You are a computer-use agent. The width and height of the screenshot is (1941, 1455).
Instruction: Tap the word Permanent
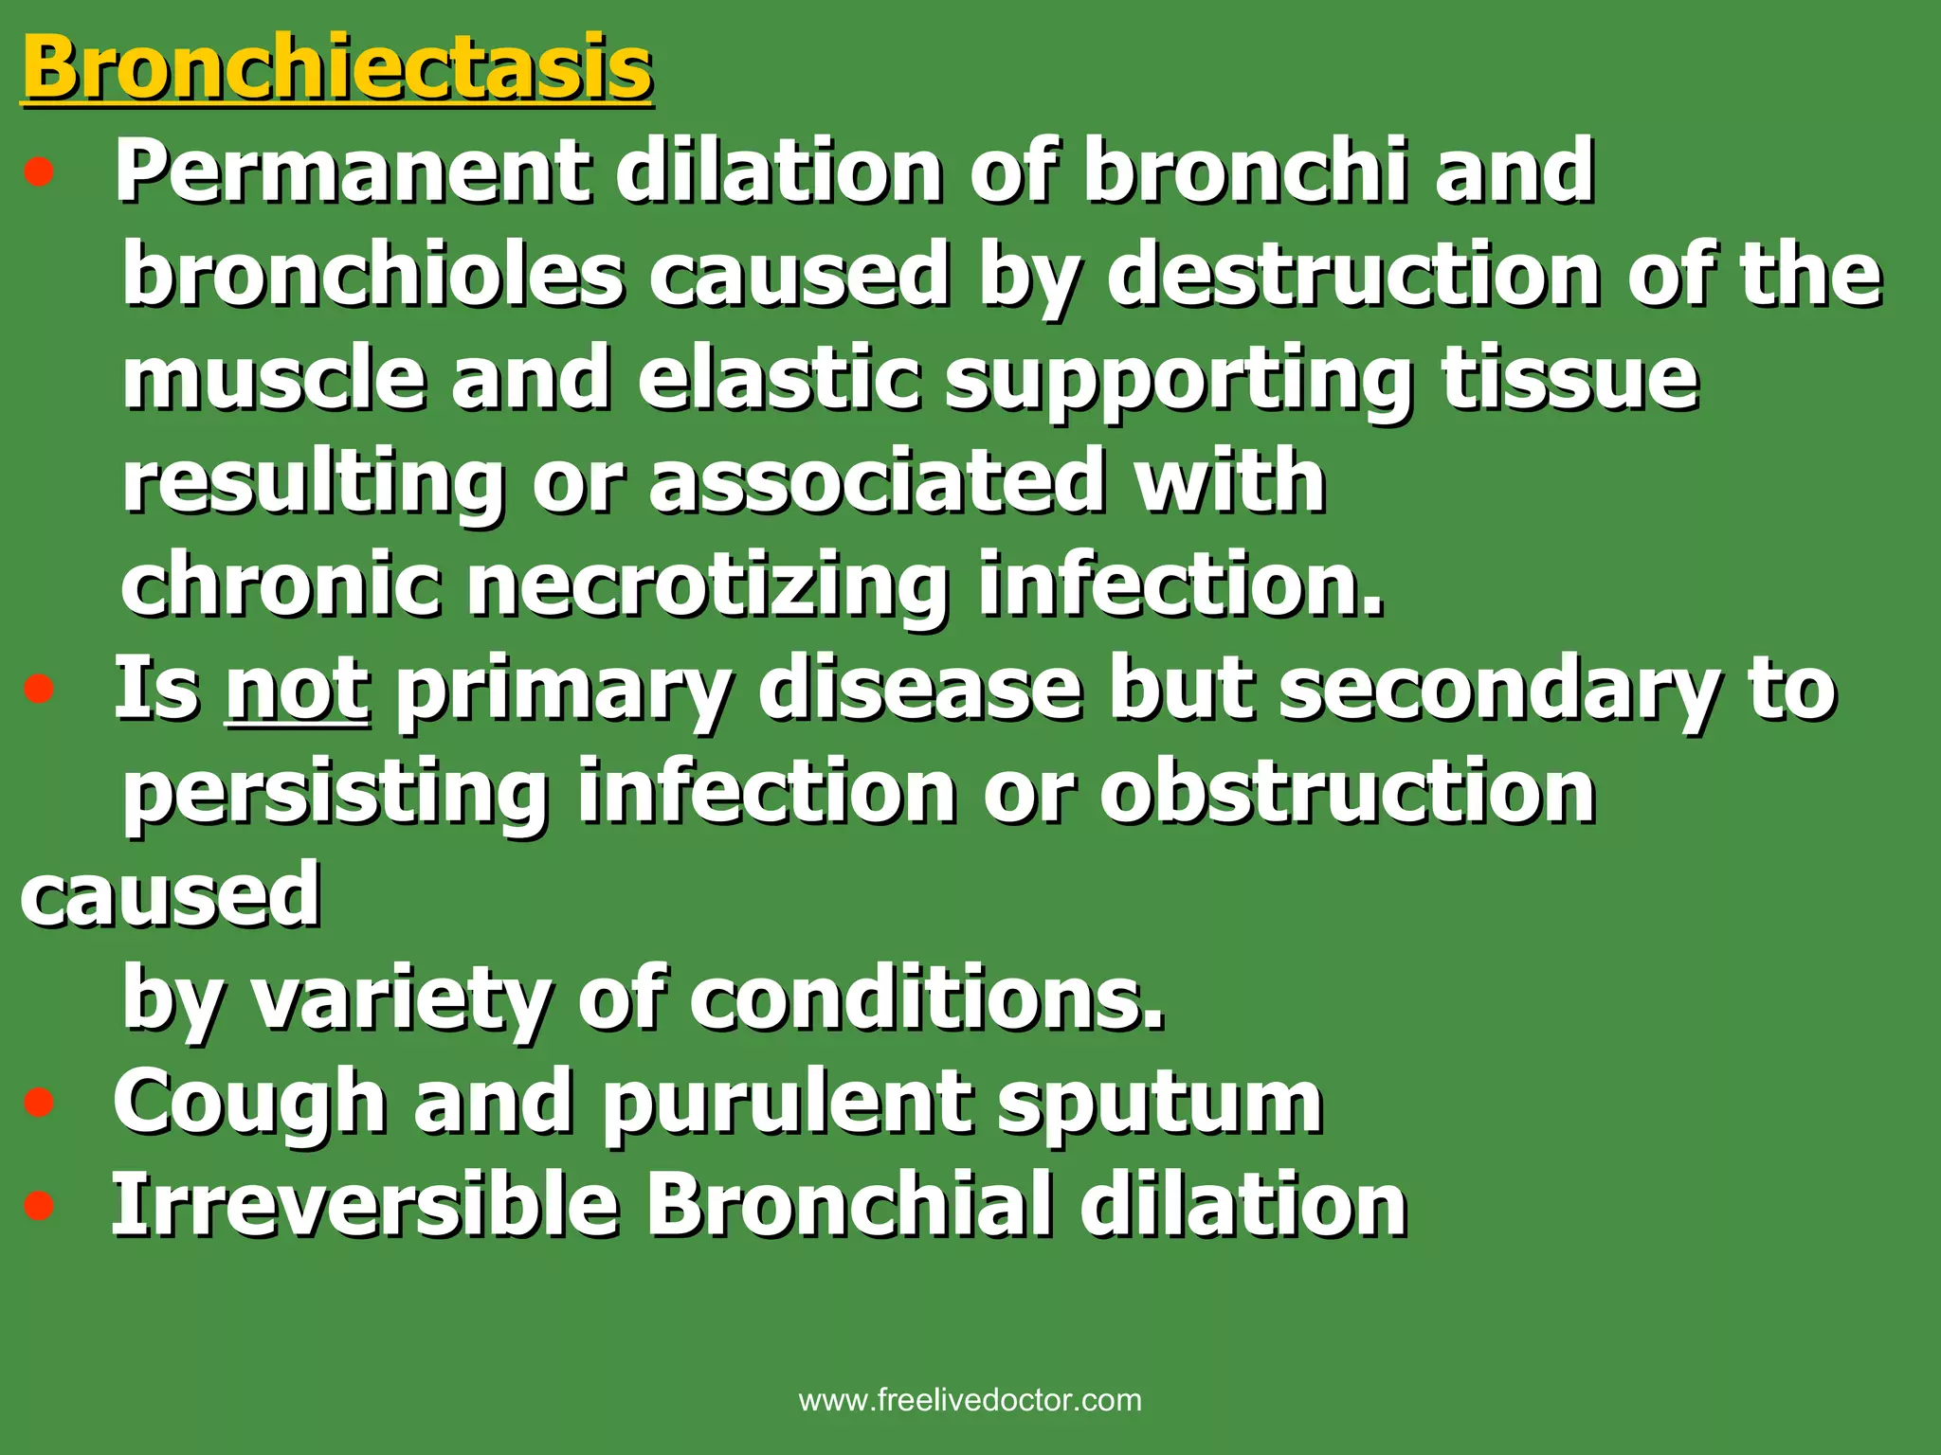coord(351,172)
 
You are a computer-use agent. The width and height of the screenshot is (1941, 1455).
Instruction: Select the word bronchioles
coord(373,275)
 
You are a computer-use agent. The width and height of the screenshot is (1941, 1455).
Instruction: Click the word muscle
coord(273,379)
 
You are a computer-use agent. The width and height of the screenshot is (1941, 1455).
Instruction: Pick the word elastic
coord(777,379)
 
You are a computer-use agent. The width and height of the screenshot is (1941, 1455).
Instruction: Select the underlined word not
coord(298,690)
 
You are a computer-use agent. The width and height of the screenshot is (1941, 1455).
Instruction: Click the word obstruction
coord(1347,794)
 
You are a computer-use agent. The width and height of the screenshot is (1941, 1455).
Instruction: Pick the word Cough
coord(249,1105)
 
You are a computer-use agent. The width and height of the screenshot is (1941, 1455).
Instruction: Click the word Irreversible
coord(365,1207)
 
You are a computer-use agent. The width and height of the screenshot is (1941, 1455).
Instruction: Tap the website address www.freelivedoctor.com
coord(970,1400)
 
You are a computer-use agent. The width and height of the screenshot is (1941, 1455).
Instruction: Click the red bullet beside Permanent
coord(39,173)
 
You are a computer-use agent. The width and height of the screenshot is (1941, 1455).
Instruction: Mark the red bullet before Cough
coord(39,1104)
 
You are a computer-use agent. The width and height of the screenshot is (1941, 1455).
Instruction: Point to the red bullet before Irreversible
coord(39,1207)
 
